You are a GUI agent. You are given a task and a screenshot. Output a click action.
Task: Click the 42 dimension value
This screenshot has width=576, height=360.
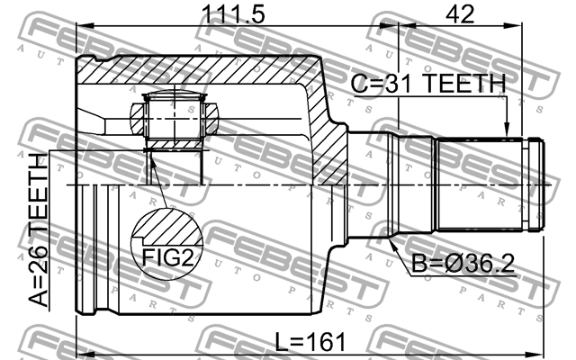click(459, 14)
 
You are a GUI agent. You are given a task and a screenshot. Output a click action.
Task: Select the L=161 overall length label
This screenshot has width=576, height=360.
click(310, 342)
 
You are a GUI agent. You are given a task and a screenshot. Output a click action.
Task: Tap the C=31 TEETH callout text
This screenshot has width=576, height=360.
click(427, 84)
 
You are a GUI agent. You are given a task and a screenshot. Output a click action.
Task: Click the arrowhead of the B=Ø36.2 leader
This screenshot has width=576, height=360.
click(390, 242)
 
